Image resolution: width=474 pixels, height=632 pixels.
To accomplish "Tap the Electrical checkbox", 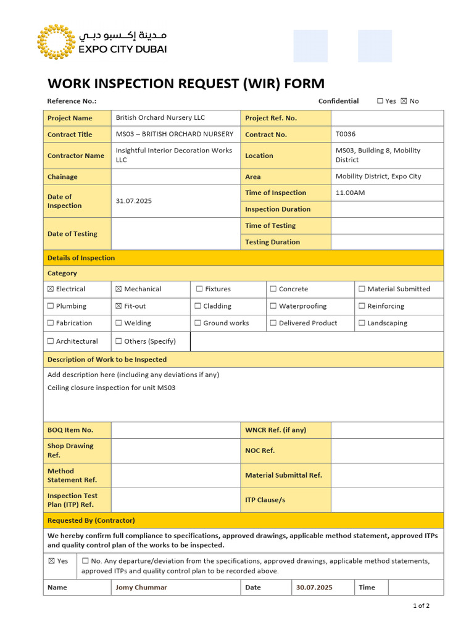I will pyautogui.click(x=51, y=289).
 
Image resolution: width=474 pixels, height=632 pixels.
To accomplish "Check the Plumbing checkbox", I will pyautogui.click(x=51, y=306).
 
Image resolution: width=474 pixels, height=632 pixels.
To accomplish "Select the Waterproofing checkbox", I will pyautogui.click(x=273, y=306).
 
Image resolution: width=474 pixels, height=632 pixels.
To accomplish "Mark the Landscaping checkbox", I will pyautogui.click(x=362, y=323).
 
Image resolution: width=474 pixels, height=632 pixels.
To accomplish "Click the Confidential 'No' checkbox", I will pyautogui.click(x=404, y=101).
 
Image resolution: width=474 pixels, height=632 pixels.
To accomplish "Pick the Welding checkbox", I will pyautogui.click(x=118, y=323).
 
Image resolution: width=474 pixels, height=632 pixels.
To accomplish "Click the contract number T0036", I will pyautogui.click(x=346, y=134).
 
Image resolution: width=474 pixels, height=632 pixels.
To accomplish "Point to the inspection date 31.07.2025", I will pyautogui.click(x=134, y=201).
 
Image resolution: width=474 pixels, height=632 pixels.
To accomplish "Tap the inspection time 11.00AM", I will pyautogui.click(x=350, y=193).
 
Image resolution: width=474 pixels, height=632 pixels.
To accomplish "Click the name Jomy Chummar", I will pyautogui.click(x=141, y=588).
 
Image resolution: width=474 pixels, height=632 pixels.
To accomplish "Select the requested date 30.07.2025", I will pyautogui.click(x=314, y=588).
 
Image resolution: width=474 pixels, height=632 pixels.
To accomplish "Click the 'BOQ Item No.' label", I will pyautogui.click(x=70, y=430).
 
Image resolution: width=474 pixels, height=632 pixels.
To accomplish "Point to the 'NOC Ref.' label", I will pyautogui.click(x=260, y=451).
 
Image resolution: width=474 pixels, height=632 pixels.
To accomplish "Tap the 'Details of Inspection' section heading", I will pyautogui.click(x=81, y=258).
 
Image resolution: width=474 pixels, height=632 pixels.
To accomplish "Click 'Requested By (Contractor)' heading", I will pyautogui.click(x=91, y=520).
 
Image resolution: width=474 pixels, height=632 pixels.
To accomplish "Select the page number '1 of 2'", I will pyautogui.click(x=421, y=605).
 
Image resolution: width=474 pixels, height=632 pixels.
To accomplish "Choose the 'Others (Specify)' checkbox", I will pyautogui.click(x=118, y=341).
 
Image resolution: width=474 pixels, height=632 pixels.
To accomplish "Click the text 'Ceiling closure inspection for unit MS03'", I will pyautogui.click(x=111, y=388).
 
